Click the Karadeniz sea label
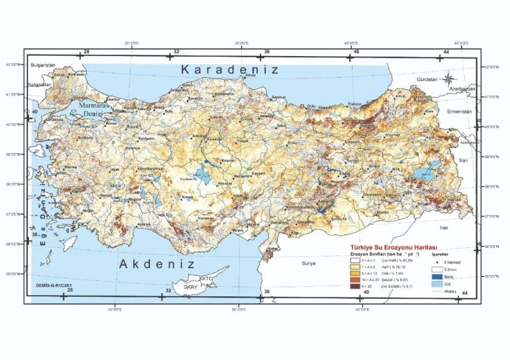pyautogui.click(x=229, y=69)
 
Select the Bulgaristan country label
pyautogui.click(x=43, y=65)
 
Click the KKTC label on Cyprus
pyautogui.click(x=206, y=278)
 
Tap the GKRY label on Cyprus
pyautogui.click(x=191, y=287)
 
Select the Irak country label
pyautogui.click(x=444, y=227)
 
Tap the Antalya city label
pyautogui.click(x=146, y=224)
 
